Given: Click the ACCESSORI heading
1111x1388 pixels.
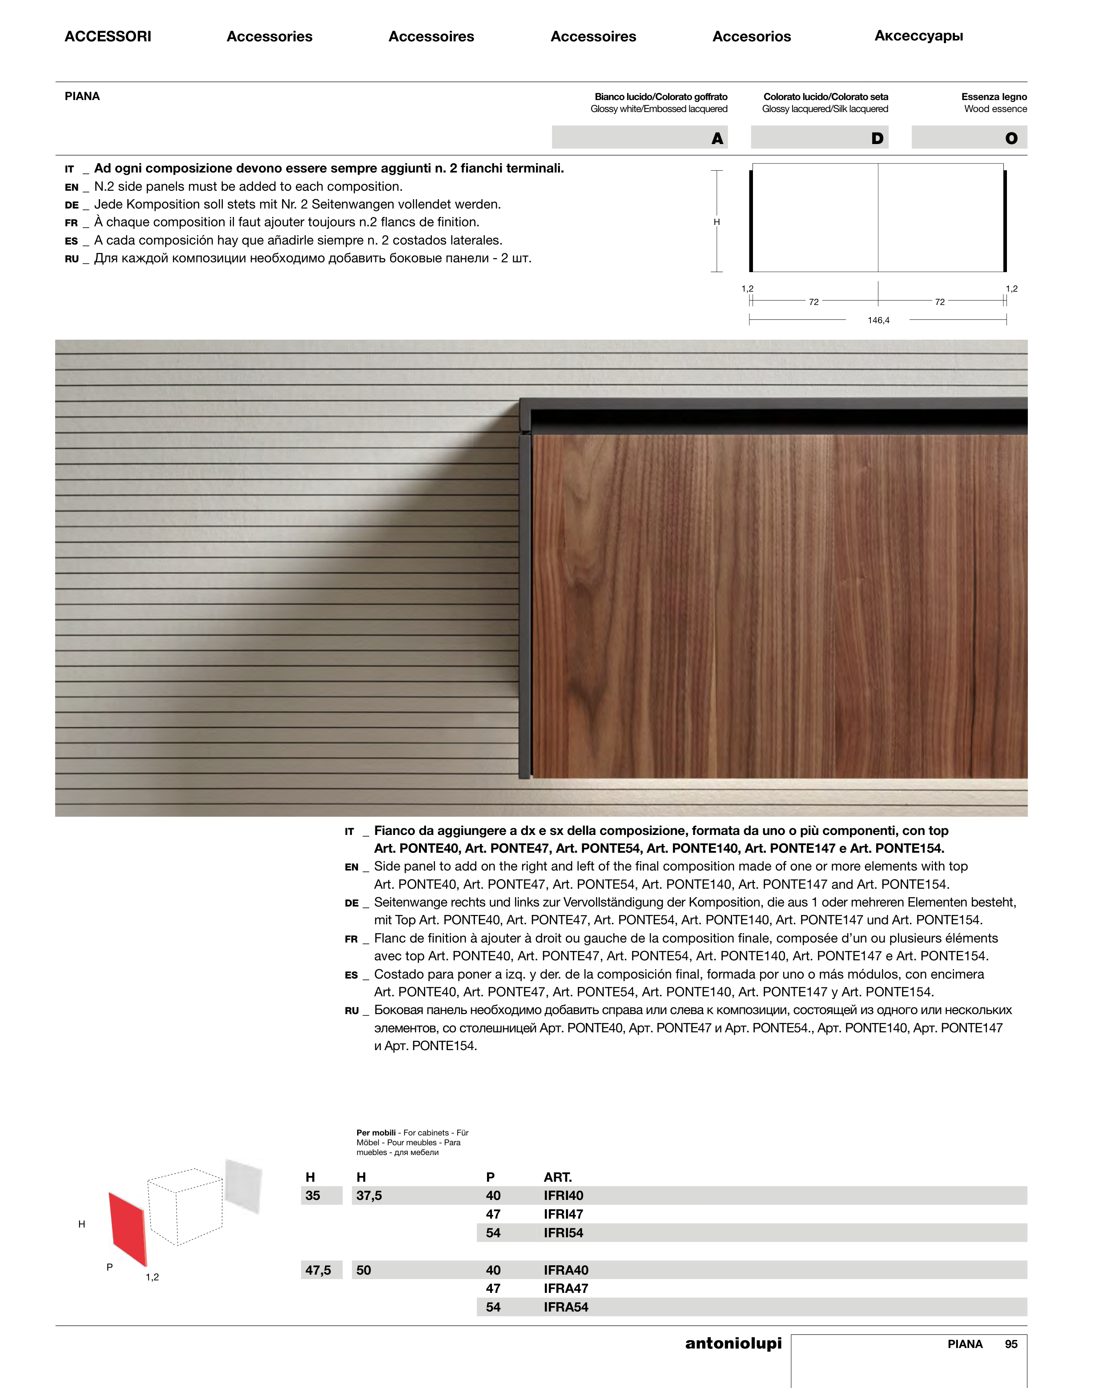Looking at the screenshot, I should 108,36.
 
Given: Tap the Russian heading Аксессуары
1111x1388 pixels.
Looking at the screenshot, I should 918,36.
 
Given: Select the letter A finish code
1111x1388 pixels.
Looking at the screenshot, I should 717,138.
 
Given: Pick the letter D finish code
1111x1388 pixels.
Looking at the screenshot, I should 877,138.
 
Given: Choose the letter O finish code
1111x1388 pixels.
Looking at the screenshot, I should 1011,138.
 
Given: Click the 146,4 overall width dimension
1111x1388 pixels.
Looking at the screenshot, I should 878,320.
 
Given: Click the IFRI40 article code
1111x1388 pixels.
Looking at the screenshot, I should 563,1195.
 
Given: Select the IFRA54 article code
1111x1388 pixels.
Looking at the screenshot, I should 565,1307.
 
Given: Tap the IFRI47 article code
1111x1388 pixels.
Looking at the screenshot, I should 563,1214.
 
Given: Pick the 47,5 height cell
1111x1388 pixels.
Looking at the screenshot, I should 318,1270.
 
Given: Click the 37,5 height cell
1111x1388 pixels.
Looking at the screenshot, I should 369,1195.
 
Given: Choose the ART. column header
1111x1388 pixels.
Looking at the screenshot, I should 557,1177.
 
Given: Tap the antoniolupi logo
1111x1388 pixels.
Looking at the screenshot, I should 733,1343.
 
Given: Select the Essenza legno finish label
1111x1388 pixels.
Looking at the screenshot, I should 994,96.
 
